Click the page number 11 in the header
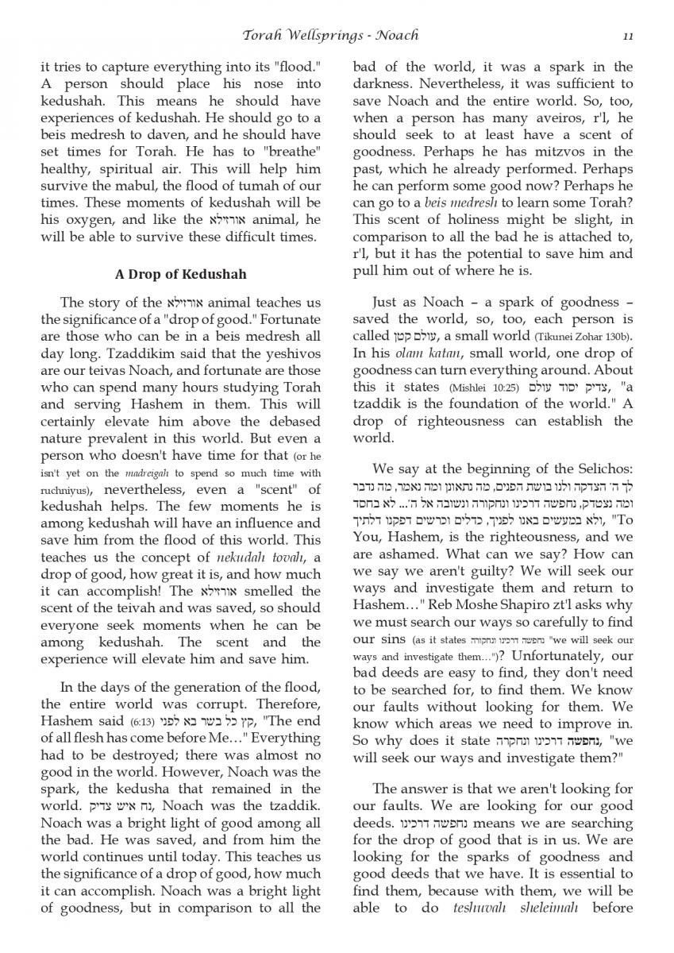627,35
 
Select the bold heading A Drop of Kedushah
180,274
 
